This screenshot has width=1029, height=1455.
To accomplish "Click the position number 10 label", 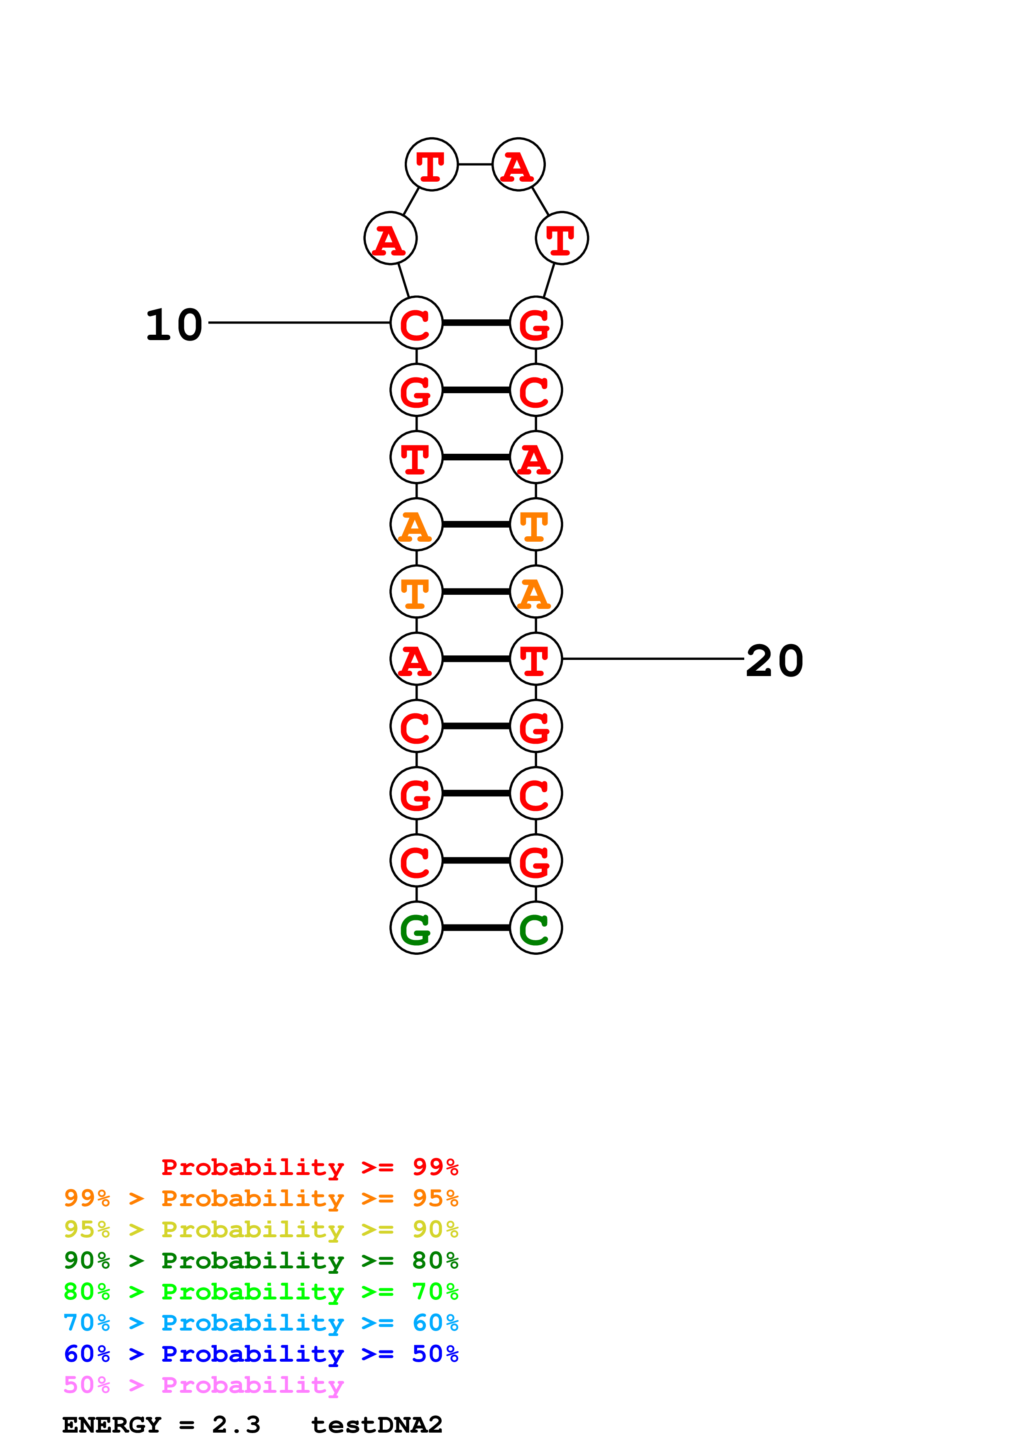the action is coord(174,325).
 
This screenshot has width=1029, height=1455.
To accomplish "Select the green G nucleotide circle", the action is coord(416,928).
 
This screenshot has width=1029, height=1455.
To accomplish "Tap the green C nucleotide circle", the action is coord(536,928).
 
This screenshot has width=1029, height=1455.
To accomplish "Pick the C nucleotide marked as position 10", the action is coord(416,323).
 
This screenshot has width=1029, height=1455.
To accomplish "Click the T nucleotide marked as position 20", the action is coord(536,659).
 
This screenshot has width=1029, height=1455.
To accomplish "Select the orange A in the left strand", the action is coord(416,525).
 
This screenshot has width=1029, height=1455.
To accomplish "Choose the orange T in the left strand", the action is coord(416,592).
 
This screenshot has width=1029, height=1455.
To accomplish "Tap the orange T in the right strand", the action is coord(536,525).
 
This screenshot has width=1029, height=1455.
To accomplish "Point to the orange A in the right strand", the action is coord(536,592).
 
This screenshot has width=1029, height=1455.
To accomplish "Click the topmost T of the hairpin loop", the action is coord(431,165).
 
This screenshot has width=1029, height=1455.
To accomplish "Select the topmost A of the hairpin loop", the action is coord(518,165).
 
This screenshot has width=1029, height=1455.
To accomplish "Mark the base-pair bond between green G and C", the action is coord(476,928).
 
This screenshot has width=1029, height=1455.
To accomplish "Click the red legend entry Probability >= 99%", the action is coord(309,1167).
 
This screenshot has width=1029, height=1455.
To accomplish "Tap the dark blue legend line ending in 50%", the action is coord(261,1354).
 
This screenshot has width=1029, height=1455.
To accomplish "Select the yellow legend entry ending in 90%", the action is coord(261,1229).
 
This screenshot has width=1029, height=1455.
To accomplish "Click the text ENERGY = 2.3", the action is coord(161,1425).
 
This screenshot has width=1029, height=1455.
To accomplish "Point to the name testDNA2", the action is coord(376,1425).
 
